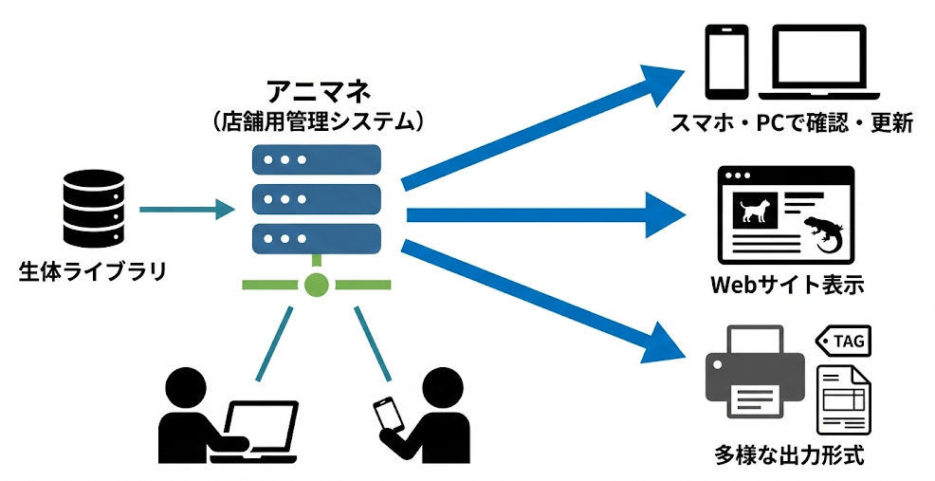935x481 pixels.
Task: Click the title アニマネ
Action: [x=317, y=92]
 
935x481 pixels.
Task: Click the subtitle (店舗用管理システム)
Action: [x=316, y=121]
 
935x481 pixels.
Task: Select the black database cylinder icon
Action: [x=92, y=209]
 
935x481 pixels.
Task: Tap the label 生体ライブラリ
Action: [x=92, y=272]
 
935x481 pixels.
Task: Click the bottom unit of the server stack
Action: [x=316, y=237]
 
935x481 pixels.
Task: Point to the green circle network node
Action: [x=316, y=284]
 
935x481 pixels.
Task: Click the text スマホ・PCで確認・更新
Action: [x=791, y=124]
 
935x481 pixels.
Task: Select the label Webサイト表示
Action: [x=787, y=286]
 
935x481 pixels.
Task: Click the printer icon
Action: [x=754, y=372]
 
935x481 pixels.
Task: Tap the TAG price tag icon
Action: [x=844, y=341]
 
